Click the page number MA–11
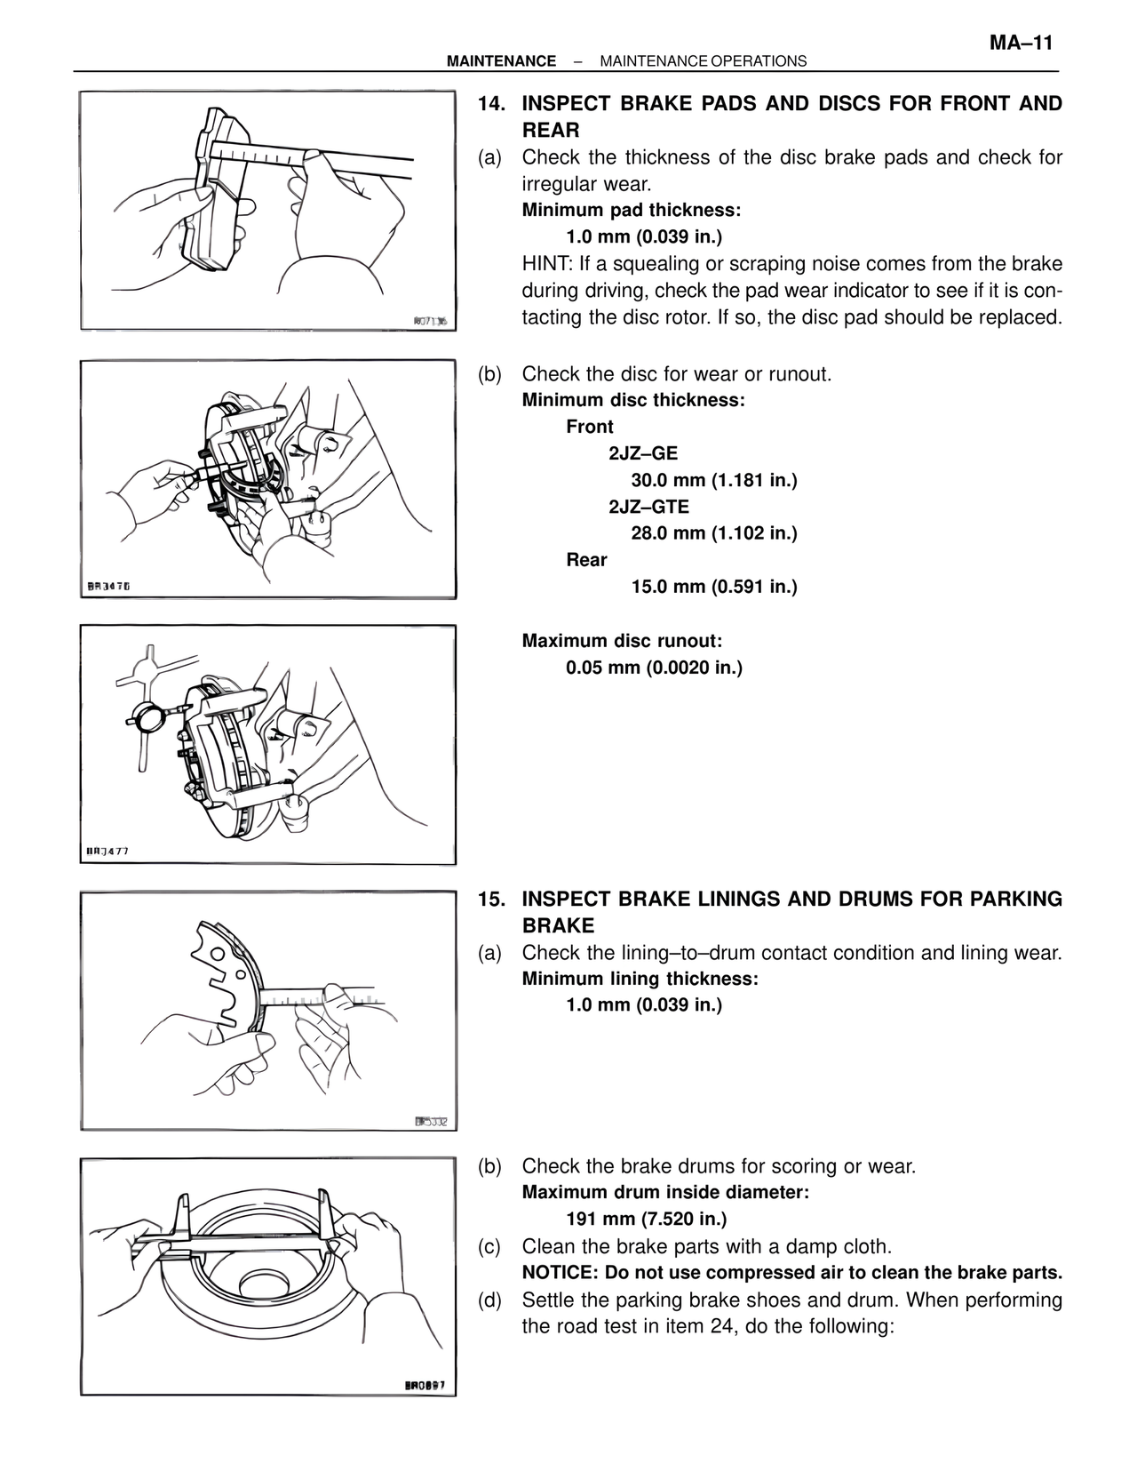1021,43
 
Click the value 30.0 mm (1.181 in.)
714,481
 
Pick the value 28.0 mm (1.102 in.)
714,533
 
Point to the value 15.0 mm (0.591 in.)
714,587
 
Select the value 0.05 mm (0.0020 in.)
654,668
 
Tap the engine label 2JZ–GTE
648,507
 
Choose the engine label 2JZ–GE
643,453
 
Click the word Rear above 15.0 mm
586,560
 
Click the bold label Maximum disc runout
622,641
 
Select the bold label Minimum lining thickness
640,979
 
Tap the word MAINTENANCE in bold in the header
501,61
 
